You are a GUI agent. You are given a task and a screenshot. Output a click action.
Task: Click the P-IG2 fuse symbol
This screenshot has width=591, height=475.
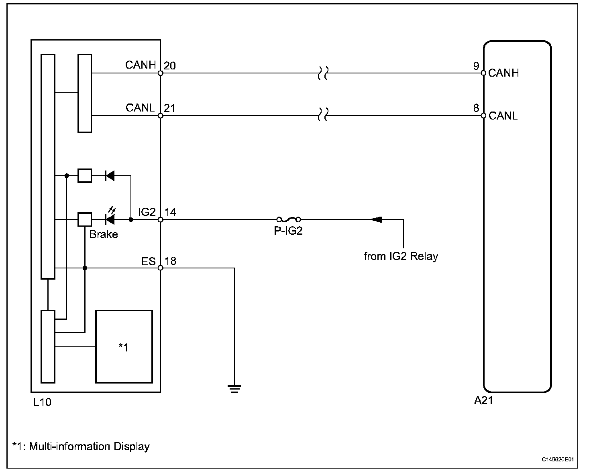pyautogui.click(x=288, y=219)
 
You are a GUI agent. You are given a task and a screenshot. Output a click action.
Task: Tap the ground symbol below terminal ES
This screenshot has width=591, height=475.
pyautogui.click(x=234, y=388)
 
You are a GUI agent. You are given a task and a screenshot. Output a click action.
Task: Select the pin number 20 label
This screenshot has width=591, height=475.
pyautogui.click(x=170, y=66)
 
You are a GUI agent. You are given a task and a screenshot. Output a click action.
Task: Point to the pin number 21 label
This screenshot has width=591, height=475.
pyautogui.click(x=170, y=108)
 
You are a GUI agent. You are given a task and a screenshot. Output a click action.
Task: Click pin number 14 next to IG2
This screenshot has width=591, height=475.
pyautogui.click(x=171, y=212)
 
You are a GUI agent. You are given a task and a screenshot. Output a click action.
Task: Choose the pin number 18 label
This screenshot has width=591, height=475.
pyautogui.click(x=171, y=261)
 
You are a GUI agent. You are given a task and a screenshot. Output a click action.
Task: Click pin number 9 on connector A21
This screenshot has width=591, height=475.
pyautogui.click(x=476, y=66)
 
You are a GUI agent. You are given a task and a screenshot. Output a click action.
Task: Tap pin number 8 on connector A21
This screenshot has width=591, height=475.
pyautogui.click(x=476, y=108)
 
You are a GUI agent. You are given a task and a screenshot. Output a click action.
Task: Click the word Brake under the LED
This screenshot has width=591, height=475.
pyautogui.click(x=104, y=235)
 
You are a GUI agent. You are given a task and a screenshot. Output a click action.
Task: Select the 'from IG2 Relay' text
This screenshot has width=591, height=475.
pyautogui.click(x=401, y=256)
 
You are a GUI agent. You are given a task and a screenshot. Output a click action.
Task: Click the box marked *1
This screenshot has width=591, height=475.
pyautogui.click(x=124, y=346)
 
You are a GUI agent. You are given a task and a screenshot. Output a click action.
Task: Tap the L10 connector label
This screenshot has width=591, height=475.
pyautogui.click(x=42, y=402)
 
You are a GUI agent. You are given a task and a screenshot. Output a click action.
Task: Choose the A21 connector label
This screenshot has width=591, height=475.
pyautogui.click(x=483, y=400)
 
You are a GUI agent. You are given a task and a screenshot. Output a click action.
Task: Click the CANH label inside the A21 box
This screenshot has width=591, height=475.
pyautogui.click(x=503, y=73)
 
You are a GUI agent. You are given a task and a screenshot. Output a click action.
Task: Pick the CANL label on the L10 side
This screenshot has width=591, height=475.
pyautogui.click(x=140, y=108)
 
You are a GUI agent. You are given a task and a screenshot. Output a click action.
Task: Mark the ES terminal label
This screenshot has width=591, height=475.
pyautogui.click(x=148, y=262)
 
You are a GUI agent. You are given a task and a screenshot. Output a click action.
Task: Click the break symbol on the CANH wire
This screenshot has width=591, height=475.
pyautogui.click(x=322, y=73)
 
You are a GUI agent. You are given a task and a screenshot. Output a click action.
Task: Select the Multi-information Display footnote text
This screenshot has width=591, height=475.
pyautogui.click(x=81, y=446)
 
